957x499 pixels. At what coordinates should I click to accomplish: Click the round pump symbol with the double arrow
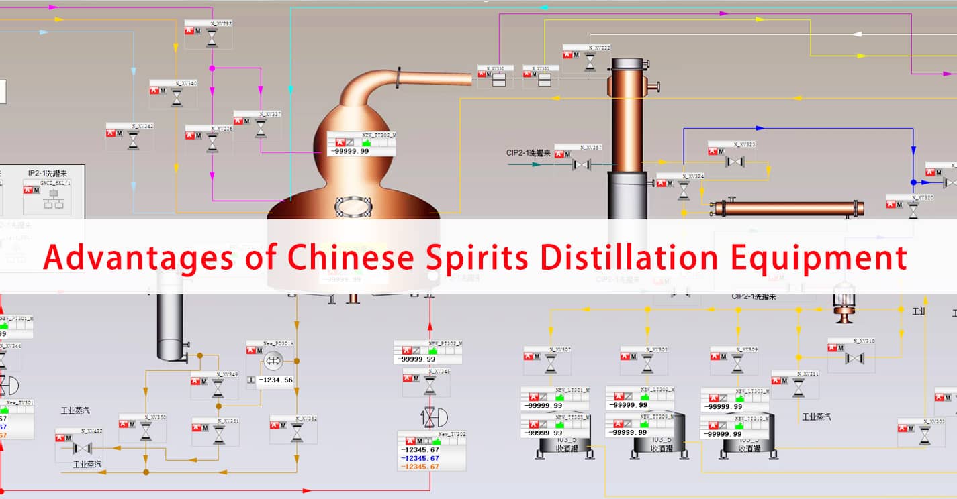click(273, 361)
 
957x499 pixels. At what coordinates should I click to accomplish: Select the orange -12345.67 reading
click(420, 467)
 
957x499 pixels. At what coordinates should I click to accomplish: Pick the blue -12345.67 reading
click(420, 458)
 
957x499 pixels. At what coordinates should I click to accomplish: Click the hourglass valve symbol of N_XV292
click(212, 38)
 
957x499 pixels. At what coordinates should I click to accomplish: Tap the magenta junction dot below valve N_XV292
click(212, 68)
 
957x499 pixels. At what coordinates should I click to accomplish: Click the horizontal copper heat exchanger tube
click(789, 209)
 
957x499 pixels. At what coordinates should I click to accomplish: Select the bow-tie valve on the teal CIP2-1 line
click(581, 164)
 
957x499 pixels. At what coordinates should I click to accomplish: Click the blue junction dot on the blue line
click(913, 182)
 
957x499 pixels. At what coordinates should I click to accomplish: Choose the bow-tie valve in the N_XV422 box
click(83, 448)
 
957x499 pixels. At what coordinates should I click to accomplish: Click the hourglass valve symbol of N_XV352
click(297, 433)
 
